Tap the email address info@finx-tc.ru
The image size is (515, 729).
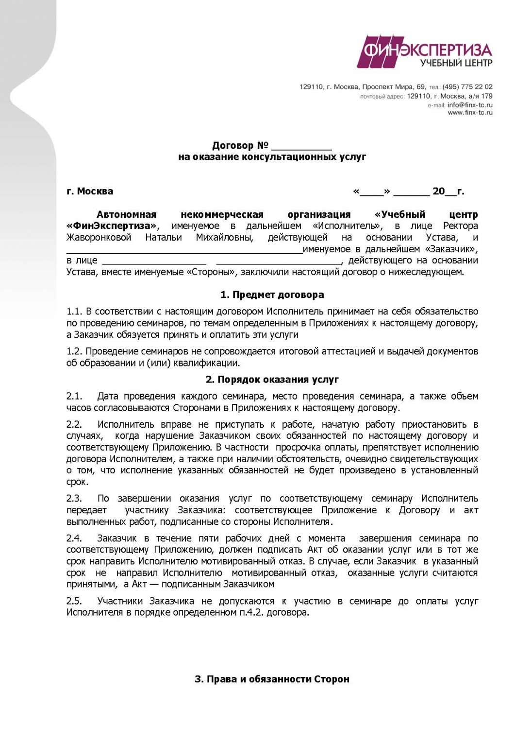click(470, 105)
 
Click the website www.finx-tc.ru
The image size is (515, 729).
click(470, 113)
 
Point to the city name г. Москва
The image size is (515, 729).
click(90, 191)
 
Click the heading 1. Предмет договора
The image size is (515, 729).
click(272, 295)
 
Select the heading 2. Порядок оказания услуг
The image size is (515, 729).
click(272, 380)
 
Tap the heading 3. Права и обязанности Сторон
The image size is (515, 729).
click(272, 679)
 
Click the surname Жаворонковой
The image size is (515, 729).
click(99, 238)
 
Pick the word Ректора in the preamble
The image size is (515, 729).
click(460, 226)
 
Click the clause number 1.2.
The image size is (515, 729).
click(74, 351)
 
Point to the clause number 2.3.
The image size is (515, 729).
click(74, 499)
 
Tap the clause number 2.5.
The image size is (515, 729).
click(74, 601)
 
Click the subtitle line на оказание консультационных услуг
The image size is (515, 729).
click(272, 157)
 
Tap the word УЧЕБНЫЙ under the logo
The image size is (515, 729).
click(441, 63)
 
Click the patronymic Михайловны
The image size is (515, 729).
click(225, 238)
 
